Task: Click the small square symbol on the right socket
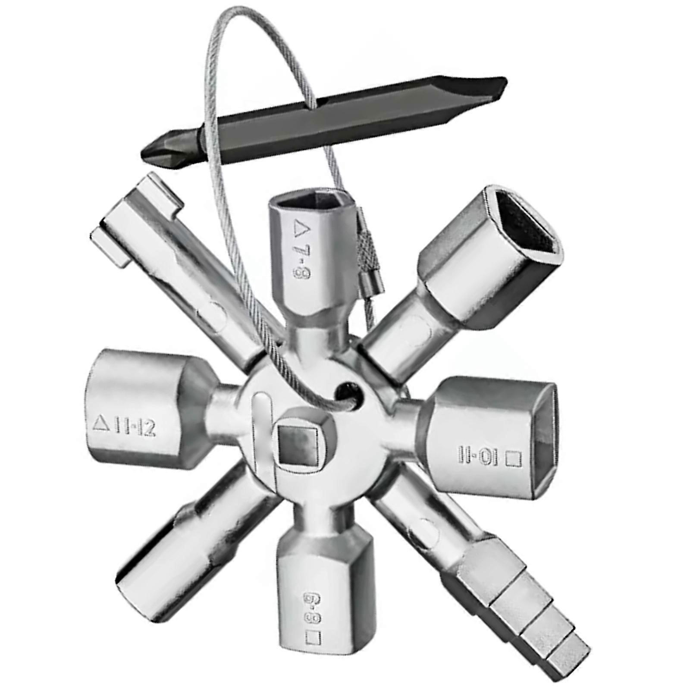coord(513,458)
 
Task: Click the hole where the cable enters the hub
coord(345,390)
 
